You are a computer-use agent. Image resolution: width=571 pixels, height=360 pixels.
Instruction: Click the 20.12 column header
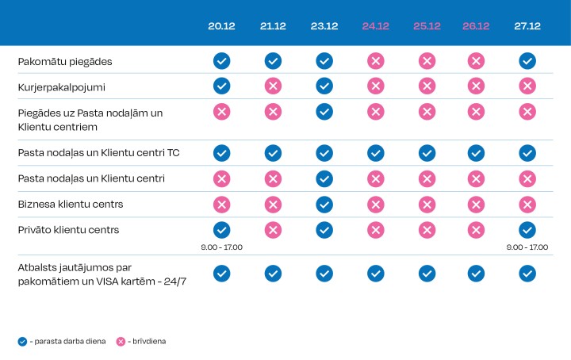click(222, 26)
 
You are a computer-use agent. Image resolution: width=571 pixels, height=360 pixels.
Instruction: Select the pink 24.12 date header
click(375, 26)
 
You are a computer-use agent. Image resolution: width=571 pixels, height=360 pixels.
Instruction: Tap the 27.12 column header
click(527, 26)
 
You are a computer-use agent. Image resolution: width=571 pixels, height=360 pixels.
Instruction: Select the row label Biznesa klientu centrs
click(71, 204)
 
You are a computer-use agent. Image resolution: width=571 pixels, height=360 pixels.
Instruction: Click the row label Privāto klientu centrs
click(68, 230)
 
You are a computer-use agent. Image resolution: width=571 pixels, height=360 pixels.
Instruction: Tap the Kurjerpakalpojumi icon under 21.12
click(273, 86)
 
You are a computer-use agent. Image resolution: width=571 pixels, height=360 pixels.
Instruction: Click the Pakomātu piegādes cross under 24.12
click(375, 60)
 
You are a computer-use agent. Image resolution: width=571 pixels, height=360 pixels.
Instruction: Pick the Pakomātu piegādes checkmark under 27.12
click(527, 60)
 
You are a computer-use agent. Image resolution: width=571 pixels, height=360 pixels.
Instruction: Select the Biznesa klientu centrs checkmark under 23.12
click(324, 204)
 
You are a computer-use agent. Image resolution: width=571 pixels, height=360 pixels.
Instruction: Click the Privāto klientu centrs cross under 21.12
click(273, 230)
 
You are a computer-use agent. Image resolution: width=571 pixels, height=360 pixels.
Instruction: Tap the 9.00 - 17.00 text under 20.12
click(222, 247)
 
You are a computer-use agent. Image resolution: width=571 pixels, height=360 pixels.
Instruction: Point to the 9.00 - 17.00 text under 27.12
click(527, 247)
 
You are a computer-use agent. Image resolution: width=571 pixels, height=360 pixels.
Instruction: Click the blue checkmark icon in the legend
click(22, 341)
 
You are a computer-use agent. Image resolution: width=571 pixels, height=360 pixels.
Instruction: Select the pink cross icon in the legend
click(121, 341)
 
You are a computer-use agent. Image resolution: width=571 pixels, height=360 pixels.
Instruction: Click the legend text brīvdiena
click(149, 341)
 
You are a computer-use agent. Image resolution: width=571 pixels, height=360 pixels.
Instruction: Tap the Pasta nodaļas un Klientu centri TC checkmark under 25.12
click(427, 152)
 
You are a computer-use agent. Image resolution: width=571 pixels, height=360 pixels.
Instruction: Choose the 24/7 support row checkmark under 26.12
click(477, 273)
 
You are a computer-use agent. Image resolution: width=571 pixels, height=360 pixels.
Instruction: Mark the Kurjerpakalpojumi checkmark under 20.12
click(222, 86)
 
